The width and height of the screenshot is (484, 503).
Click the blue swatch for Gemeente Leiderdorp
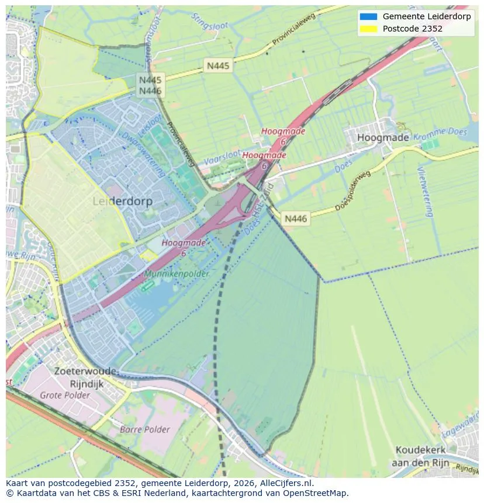[368, 16]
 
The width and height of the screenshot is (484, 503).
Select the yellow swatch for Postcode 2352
[368, 28]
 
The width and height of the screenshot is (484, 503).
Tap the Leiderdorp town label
[123, 201]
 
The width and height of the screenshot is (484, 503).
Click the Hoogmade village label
[383, 138]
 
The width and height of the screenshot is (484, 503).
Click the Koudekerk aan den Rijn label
[420, 456]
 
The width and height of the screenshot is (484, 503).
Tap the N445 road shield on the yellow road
[218, 66]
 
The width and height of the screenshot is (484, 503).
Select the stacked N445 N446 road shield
[150, 85]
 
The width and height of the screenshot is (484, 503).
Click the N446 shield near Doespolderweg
[296, 218]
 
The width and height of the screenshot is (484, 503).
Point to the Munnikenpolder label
[174, 273]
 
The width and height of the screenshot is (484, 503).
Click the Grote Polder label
[65, 395]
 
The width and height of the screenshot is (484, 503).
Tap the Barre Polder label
[144, 429]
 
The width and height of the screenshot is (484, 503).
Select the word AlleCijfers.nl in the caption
[286, 483]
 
